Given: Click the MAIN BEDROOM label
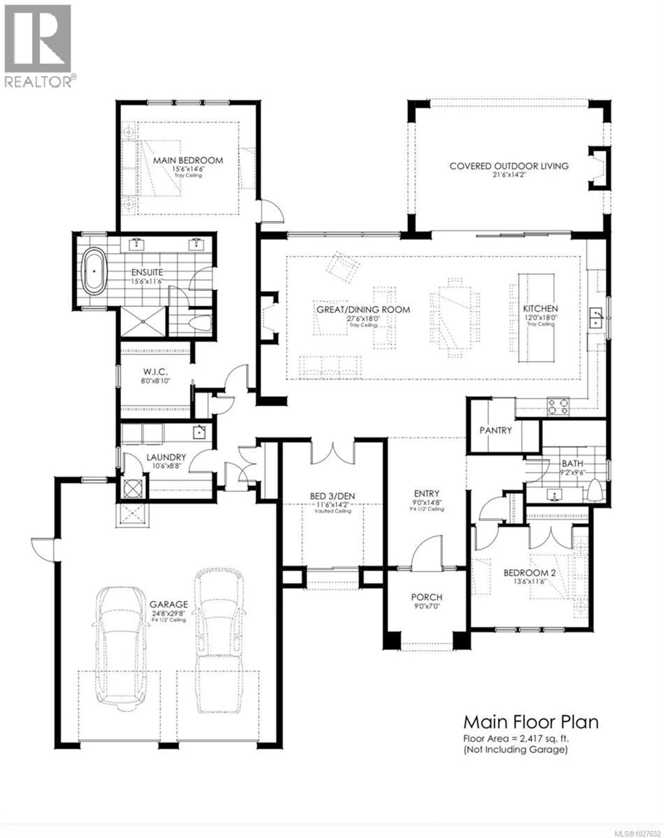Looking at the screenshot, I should tap(188, 160).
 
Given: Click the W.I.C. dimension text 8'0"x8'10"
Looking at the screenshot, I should tap(156, 381).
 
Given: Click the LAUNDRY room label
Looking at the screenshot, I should tap(166, 457).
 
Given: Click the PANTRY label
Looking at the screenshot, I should tap(495, 430).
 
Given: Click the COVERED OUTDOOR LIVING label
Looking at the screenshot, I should tap(509, 166).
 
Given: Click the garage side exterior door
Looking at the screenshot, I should tap(43, 549).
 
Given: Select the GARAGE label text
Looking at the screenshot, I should tap(169, 605).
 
